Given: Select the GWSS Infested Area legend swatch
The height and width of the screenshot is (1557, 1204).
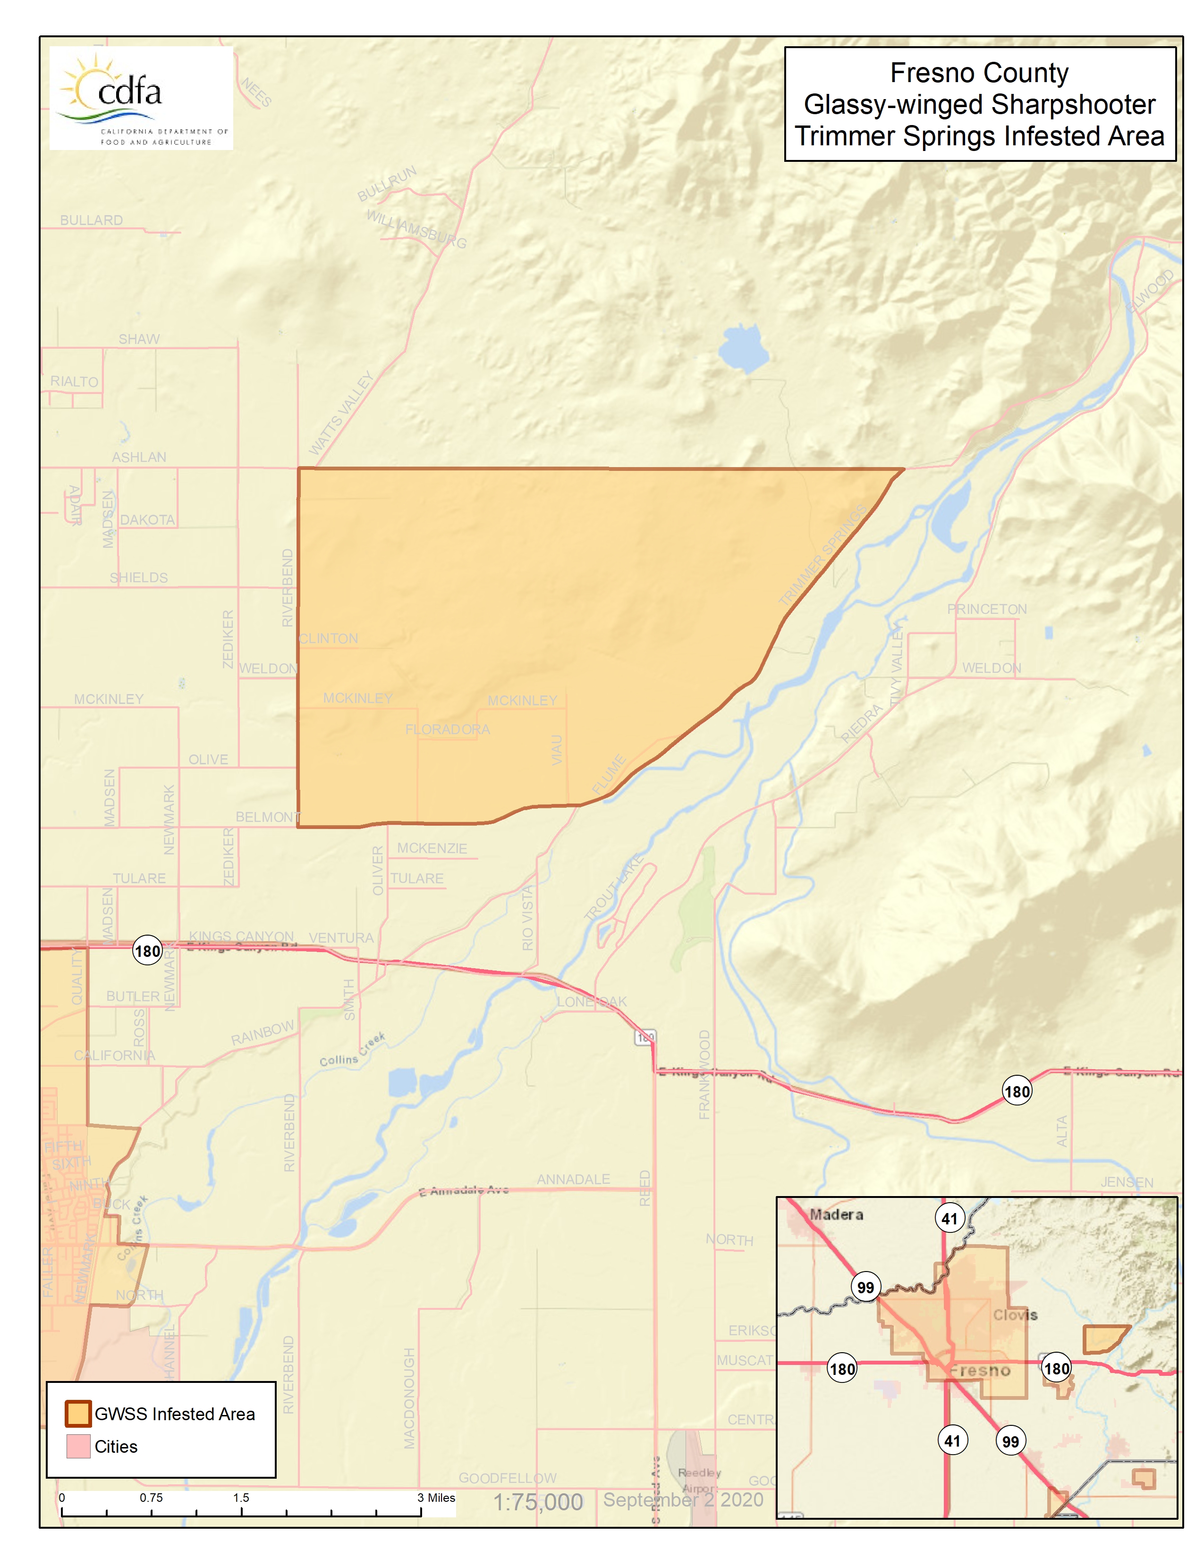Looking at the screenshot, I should [x=78, y=1413].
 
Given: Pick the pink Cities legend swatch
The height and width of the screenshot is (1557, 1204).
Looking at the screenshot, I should [x=78, y=1446].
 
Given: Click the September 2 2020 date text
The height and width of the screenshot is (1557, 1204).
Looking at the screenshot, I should [x=683, y=1499].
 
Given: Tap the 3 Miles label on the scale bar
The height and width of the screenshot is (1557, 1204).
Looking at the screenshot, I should [x=436, y=1497].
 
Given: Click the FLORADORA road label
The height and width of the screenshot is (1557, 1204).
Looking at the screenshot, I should [x=447, y=729].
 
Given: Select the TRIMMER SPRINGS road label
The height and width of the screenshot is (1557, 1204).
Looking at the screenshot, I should [x=822, y=554].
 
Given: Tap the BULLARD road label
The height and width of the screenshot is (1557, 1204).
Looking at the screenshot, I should [x=91, y=220].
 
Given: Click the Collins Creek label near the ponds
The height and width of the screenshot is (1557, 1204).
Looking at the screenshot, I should [x=352, y=1051].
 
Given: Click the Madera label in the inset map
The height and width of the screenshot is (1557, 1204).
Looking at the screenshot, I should [x=836, y=1214].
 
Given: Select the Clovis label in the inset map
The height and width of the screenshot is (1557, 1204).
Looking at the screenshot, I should [x=1015, y=1314].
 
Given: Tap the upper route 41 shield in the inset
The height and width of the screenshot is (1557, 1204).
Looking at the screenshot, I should [x=950, y=1218].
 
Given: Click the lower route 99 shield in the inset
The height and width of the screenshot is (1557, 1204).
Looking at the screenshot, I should [x=1010, y=1441].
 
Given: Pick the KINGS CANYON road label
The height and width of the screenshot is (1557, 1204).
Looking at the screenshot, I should [x=241, y=936].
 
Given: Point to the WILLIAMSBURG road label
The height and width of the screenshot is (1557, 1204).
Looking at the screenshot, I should [x=416, y=228].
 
